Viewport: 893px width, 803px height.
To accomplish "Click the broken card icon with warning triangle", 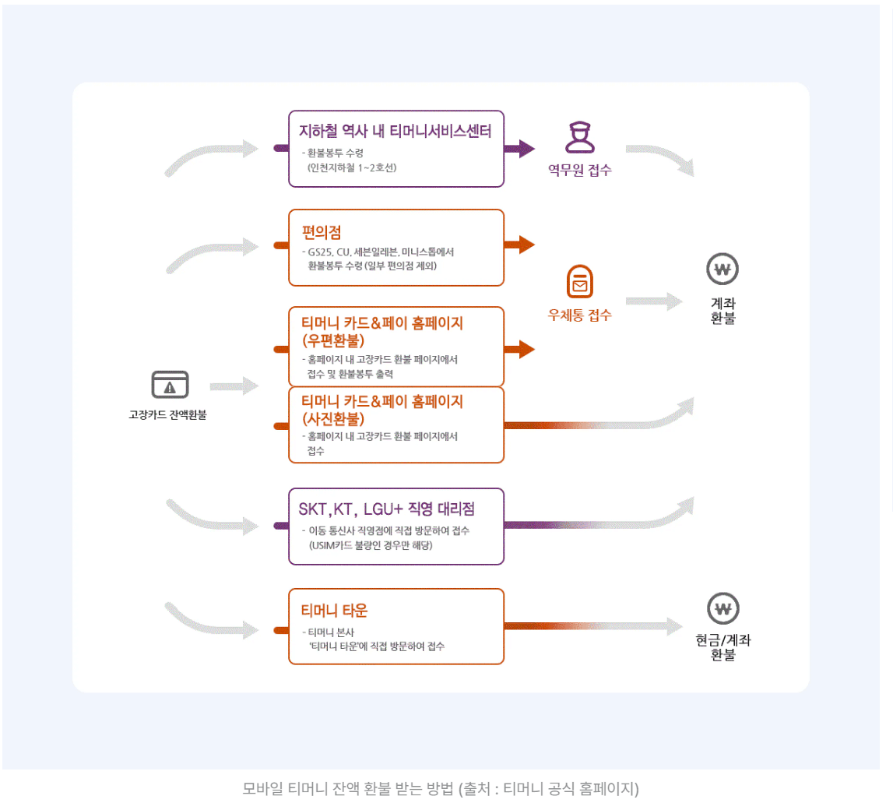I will [170, 385].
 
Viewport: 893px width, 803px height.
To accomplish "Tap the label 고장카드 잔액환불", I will [167, 415].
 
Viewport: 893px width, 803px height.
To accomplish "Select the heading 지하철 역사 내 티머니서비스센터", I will [396, 131].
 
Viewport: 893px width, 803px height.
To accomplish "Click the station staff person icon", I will [579, 138].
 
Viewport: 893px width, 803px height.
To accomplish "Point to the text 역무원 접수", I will [579, 171].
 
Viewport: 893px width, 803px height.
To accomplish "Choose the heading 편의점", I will [322, 231].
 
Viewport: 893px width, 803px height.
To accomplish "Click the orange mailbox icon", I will [579, 282].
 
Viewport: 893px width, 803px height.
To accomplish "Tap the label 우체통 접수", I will [579, 315].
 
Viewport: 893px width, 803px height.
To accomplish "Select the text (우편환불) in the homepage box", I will [333, 340].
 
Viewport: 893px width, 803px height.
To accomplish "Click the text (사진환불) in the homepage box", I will [333, 418].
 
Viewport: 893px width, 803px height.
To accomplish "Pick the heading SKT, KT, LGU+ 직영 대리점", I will [387, 509].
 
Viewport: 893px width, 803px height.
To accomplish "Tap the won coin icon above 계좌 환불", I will [722, 270].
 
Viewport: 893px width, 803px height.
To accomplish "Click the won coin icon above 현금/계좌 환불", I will [722, 608].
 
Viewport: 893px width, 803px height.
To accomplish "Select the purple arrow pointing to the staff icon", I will [519, 149].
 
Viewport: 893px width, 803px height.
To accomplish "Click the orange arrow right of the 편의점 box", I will [519, 245].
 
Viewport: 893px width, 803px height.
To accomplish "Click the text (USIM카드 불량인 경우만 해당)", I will [370, 545].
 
